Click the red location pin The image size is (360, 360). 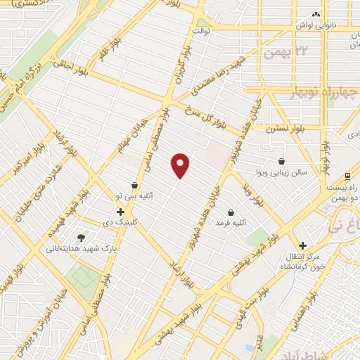(181, 165)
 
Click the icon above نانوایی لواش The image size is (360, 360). (316, 14)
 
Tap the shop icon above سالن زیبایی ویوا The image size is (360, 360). (281, 160)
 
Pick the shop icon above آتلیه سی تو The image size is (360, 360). (134, 186)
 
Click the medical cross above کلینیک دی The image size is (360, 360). (120, 211)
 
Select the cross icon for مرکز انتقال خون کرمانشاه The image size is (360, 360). (302, 245)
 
